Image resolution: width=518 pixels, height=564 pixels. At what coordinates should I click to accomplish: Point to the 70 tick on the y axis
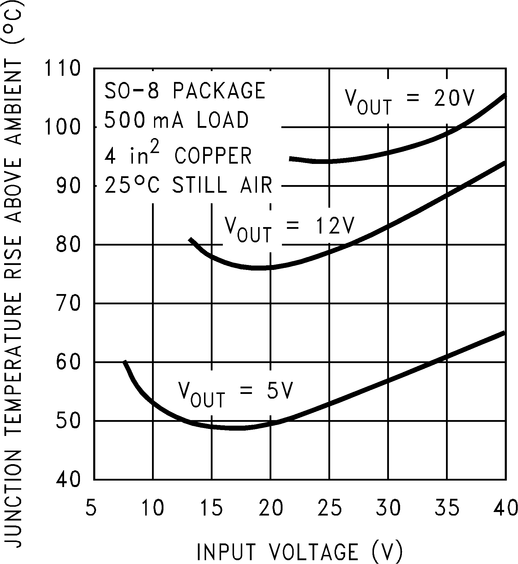[68, 303]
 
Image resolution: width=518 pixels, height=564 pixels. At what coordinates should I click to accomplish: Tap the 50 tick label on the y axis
[68, 421]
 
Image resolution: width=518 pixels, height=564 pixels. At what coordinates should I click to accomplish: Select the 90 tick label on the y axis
[68, 186]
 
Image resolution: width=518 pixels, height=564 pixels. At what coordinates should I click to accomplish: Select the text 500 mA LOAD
[176, 120]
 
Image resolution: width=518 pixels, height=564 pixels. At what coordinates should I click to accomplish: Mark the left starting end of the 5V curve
[125, 362]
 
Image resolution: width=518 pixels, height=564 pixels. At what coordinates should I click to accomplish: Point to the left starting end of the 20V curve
[290, 159]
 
